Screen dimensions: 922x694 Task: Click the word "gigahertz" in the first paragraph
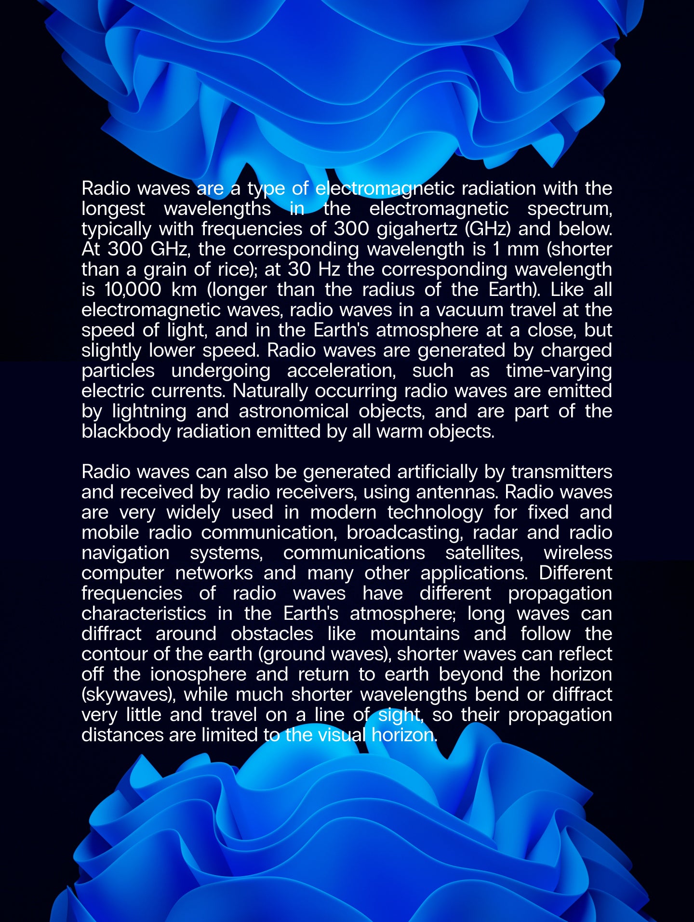click(417, 229)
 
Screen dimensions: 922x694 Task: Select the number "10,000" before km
click(133, 290)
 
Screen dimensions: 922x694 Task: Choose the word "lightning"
click(149, 411)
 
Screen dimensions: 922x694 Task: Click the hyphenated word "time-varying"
click(559, 371)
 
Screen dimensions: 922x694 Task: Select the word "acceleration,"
click(346, 371)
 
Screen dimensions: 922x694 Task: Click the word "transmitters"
click(561, 472)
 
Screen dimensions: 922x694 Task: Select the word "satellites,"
click(484, 553)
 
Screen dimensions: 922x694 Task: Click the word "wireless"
click(577, 553)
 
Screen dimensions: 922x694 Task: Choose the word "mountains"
click(415, 634)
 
